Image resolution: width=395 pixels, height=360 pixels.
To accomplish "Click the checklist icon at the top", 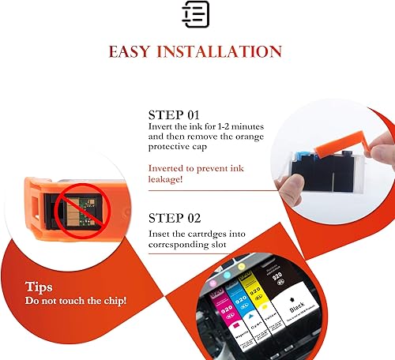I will click(196, 14).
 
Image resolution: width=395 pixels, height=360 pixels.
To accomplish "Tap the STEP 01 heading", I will click(175, 114).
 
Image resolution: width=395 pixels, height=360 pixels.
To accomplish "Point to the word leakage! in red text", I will click(167, 178).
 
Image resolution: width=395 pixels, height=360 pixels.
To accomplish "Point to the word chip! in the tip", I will click(112, 302).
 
